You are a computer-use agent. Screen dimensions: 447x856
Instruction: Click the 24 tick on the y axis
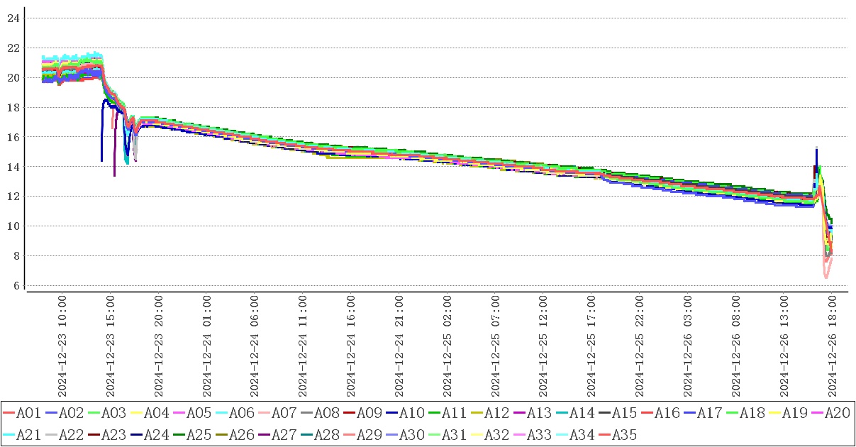[x=13, y=18]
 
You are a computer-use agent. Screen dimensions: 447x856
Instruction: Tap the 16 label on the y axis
[x=13, y=136]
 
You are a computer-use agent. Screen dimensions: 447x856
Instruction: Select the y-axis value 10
[x=13, y=226]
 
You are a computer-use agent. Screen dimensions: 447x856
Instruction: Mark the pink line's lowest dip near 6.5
[x=826, y=277]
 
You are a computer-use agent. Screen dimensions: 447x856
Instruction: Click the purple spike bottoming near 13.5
[x=114, y=175]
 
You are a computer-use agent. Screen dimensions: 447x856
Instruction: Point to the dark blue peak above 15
[x=816, y=150]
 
